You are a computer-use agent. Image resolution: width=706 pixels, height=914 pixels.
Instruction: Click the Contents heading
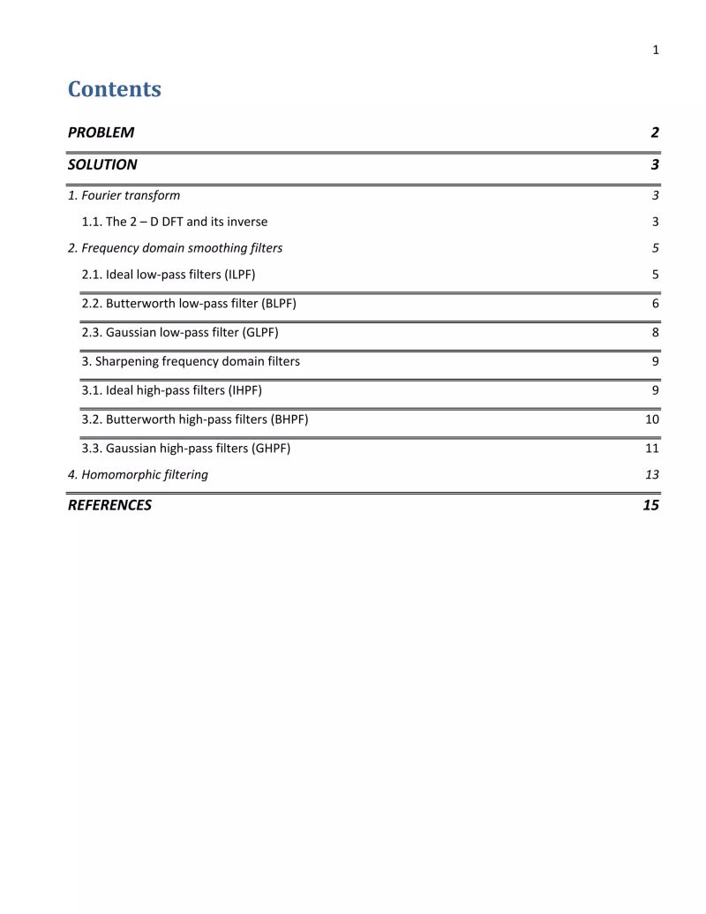click(115, 89)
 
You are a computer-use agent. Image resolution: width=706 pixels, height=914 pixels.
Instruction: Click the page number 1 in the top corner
click(656, 50)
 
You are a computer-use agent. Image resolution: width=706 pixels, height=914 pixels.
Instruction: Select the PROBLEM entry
click(101, 132)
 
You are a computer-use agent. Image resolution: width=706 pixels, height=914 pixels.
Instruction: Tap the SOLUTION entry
click(102, 164)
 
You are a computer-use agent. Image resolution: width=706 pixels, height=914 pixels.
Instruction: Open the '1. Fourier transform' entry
click(124, 195)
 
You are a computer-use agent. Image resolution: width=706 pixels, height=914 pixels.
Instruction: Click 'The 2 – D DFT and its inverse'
click(174, 222)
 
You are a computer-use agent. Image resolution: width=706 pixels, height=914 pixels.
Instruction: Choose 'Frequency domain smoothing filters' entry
click(175, 248)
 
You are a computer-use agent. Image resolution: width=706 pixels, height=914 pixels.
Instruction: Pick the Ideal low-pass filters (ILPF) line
click(169, 275)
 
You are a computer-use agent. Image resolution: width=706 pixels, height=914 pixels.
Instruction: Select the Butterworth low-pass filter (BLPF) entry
click(195, 304)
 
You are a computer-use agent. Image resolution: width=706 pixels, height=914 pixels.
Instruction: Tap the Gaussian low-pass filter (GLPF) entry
click(180, 333)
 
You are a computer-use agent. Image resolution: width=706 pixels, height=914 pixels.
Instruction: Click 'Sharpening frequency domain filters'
click(191, 361)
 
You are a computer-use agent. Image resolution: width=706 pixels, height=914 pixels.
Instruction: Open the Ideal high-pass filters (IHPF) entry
click(171, 390)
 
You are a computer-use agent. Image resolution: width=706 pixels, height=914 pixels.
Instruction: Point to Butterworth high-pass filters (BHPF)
click(195, 419)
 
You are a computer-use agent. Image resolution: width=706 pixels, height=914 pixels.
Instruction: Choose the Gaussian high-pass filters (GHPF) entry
click(185, 449)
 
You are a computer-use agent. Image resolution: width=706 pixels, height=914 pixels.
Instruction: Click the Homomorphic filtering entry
click(138, 475)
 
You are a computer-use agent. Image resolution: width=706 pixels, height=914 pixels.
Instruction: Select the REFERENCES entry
click(109, 505)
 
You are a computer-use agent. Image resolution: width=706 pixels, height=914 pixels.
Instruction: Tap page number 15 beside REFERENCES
click(651, 505)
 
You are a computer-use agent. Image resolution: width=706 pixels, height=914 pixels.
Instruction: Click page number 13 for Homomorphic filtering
click(652, 475)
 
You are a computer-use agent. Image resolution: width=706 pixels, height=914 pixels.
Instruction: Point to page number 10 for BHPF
click(652, 419)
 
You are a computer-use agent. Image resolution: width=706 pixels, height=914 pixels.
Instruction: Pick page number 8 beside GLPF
click(656, 333)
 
